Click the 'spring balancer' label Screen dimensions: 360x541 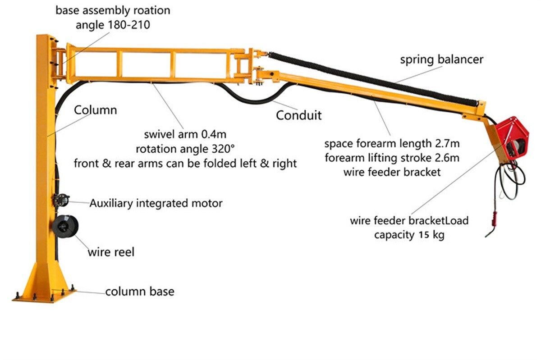(441, 59)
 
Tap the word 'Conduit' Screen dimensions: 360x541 (298, 115)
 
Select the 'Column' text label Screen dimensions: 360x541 (96, 110)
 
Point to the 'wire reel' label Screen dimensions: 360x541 (110, 252)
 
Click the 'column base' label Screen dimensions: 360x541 (140, 292)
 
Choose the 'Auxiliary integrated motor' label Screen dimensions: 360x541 (156, 203)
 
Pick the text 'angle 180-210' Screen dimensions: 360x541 (113, 25)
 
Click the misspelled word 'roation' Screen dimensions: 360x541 (155, 10)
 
